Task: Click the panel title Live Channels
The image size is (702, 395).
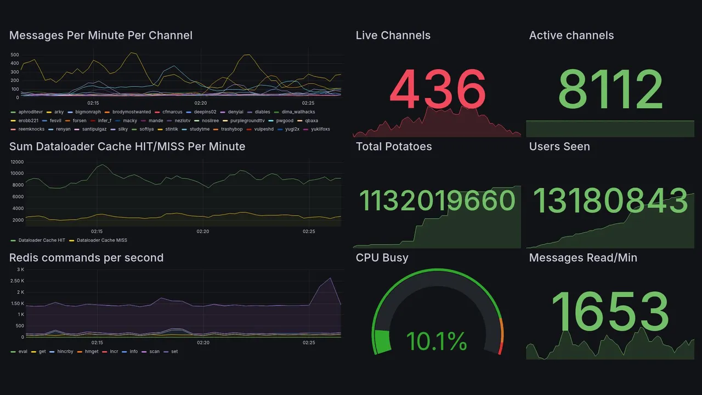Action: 393,36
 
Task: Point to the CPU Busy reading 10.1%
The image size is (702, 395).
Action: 437,341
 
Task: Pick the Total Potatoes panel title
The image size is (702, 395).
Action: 393,146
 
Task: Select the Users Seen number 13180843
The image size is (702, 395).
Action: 610,201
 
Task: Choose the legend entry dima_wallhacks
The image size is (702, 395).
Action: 298,112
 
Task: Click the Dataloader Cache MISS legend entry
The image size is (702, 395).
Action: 102,240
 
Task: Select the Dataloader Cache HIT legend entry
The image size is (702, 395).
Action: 42,240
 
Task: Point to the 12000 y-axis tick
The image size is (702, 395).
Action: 17,162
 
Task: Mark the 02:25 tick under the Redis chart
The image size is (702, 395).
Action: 309,343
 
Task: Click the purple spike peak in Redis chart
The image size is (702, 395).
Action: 330,278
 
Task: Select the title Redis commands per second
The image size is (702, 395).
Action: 86,258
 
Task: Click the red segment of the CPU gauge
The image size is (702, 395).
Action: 500,349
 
